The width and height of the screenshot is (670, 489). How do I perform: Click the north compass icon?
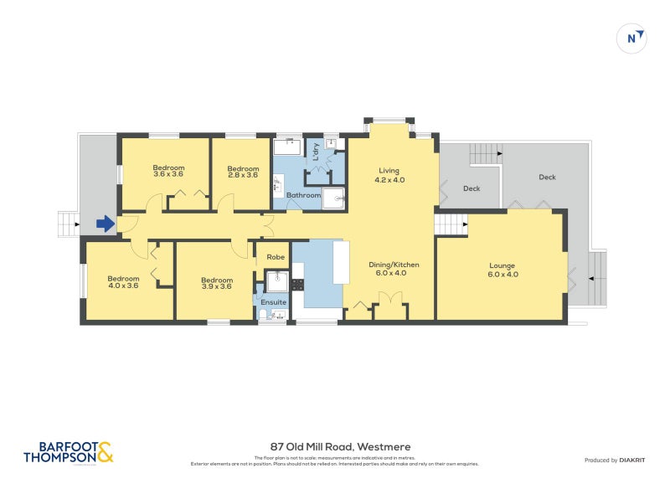(632, 38)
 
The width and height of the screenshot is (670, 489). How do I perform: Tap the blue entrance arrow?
(105, 224)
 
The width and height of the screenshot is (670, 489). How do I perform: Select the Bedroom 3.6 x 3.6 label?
(168, 171)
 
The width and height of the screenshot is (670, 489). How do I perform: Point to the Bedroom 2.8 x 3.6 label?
(242, 171)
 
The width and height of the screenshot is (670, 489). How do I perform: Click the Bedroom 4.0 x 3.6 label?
(122, 282)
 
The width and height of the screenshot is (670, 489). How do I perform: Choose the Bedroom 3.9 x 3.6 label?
(215, 283)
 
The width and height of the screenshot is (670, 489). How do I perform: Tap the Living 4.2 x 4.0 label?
(389, 174)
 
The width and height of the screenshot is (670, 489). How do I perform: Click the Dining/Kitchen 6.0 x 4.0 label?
(394, 269)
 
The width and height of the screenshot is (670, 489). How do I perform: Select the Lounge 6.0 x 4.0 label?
(503, 270)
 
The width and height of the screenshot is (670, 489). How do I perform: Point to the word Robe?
(274, 258)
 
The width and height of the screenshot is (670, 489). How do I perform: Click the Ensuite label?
(273, 301)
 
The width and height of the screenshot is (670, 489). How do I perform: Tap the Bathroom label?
(303, 195)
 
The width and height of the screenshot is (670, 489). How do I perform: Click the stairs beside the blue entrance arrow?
(67, 224)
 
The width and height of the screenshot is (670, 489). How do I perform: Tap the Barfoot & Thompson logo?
(68, 452)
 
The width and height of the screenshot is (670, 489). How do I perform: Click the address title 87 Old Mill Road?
(340, 447)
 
